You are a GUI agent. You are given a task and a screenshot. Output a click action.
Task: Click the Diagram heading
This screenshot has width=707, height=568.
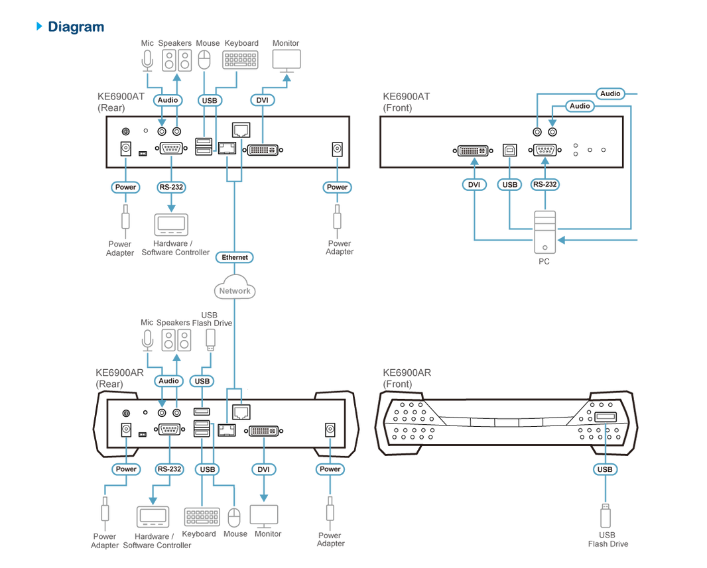(x=76, y=27)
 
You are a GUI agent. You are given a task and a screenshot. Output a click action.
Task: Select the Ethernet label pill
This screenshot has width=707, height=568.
(x=235, y=257)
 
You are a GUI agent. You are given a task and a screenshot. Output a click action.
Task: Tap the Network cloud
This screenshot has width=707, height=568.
(x=235, y=288)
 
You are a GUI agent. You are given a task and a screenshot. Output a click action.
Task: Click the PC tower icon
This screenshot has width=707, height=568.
(x=545, y=232)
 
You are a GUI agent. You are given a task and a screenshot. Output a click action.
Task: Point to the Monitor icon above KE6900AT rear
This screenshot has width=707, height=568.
(x=287, y=60)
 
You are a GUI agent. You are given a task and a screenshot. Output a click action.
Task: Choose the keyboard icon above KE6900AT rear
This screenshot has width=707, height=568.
(x=240, y=60)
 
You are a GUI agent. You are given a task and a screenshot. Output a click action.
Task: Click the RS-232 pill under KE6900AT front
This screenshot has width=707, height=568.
(x=545, y=184)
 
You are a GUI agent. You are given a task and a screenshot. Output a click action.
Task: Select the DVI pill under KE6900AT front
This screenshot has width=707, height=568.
(x=474, y=185)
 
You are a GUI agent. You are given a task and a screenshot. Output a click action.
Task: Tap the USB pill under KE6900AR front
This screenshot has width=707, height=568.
(x=605, y=469)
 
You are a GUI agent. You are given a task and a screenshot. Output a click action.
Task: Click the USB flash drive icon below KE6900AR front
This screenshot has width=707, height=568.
(x=606, y=515)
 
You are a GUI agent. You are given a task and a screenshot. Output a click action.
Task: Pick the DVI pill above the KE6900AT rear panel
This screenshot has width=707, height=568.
(x=262, y=100)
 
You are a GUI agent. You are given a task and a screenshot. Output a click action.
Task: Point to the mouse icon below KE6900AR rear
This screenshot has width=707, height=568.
(x=234, y=518)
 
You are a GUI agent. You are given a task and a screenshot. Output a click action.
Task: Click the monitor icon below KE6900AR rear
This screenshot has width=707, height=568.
(x=264, y=516)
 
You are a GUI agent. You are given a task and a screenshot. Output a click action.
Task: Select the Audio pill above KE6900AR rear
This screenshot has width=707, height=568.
(x=168, y=380)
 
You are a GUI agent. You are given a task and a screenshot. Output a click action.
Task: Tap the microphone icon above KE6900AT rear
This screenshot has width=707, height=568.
(x=147, y=60)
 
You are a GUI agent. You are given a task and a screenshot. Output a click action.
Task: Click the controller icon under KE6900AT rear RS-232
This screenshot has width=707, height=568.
(x=171, y=224)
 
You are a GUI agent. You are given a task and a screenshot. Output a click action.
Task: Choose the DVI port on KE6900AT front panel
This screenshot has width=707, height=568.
(x=473, y=150)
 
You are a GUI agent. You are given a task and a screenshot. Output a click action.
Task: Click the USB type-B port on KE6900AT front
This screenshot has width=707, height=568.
(x=509, y=150)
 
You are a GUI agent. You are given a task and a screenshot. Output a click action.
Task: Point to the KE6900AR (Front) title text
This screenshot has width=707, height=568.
(x=407, y=378)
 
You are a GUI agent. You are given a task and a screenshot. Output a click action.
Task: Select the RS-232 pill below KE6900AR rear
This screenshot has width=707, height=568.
(x=169, y=469)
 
